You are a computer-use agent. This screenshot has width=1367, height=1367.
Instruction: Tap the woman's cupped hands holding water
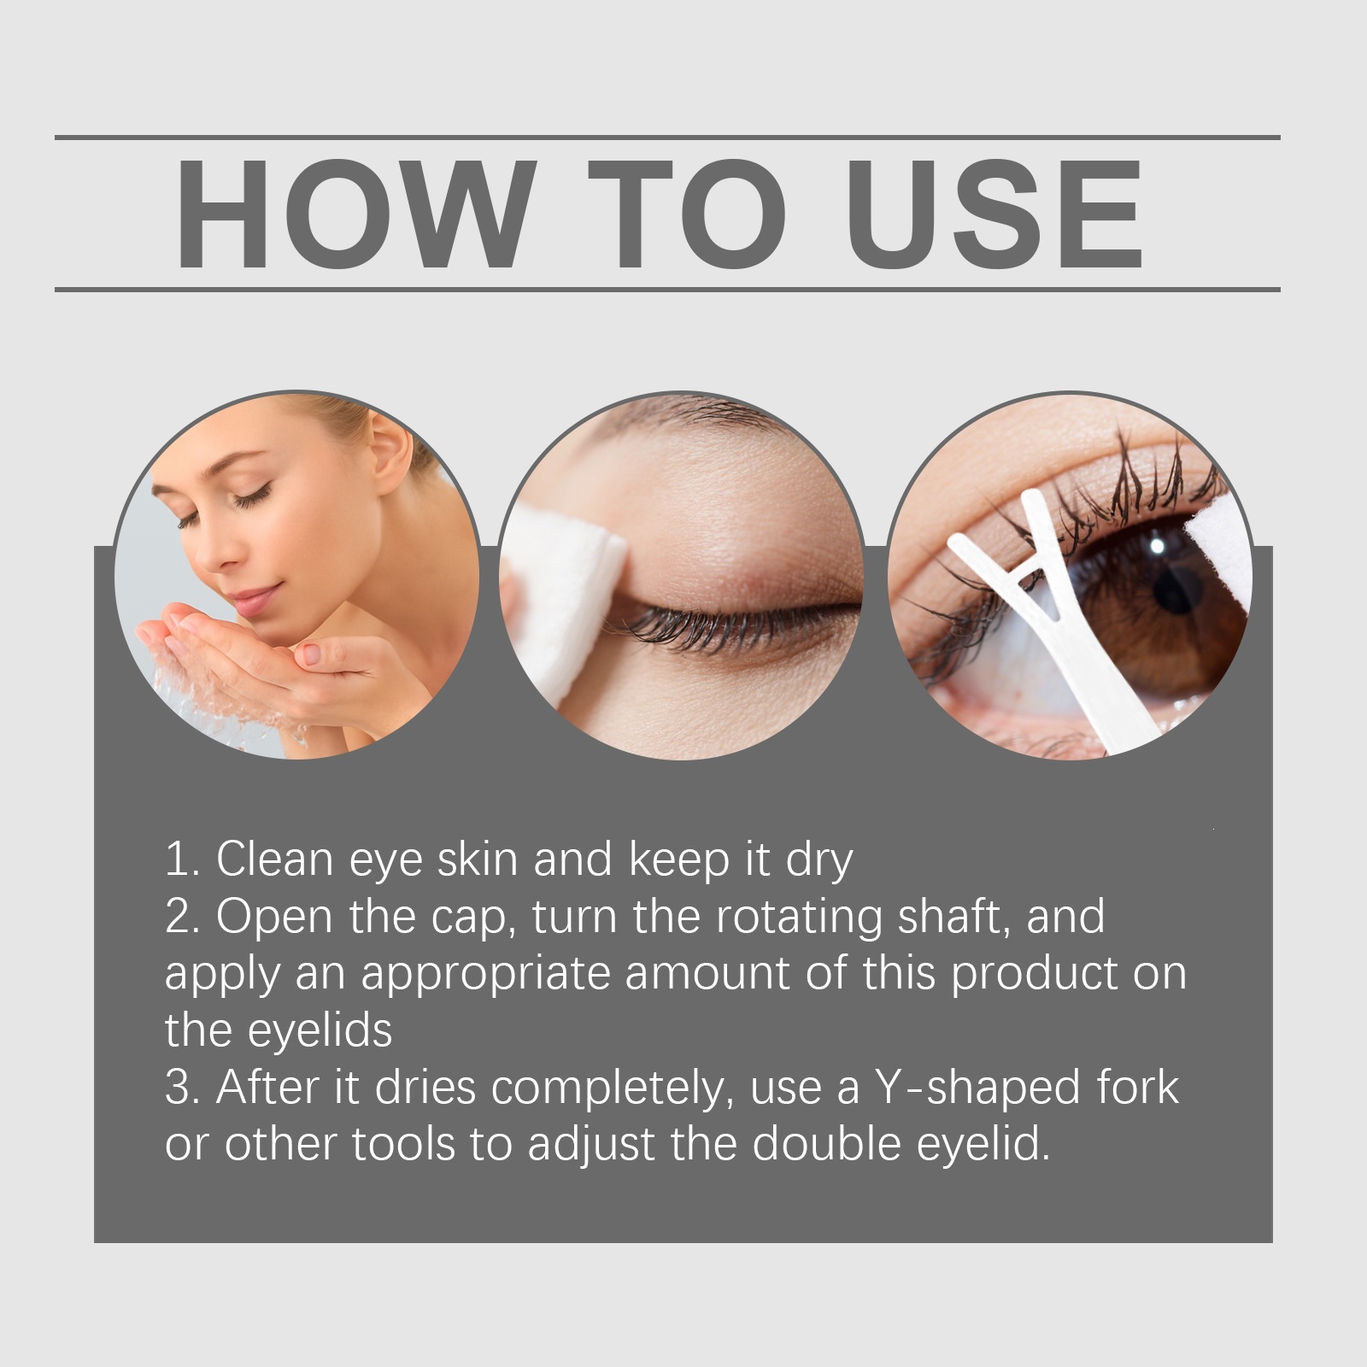256,649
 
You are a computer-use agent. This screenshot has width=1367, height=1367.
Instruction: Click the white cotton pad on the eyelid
564,598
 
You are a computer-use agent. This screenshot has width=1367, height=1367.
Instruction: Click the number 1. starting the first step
182,859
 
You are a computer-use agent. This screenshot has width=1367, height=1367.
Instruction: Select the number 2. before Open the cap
183,916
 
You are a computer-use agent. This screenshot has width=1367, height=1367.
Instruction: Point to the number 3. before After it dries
183,1088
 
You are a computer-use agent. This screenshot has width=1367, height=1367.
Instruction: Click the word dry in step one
819,861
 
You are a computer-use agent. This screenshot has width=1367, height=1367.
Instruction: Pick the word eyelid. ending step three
983,1146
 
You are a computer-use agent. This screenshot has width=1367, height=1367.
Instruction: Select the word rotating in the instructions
798,918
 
